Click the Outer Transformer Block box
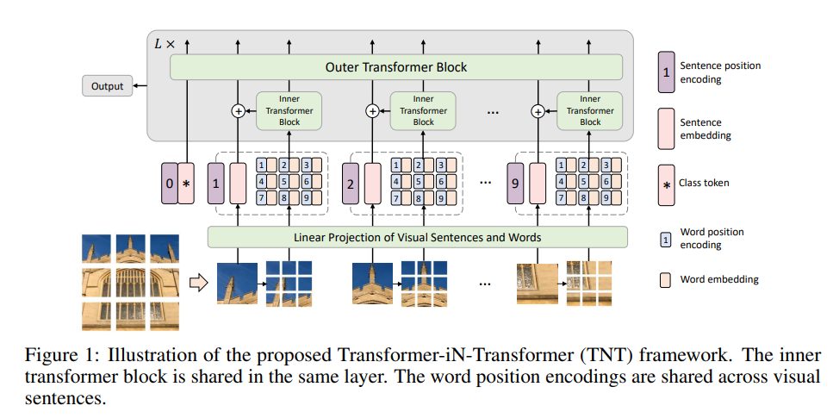pyautogui.click(x=395, y=66)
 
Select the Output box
pyautogui.click(x=108, y=86)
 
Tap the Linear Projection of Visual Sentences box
pyautogui.click(x=417, y=237)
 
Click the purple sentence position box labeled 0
pyautogui.click(x=169, y=184)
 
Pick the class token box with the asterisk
pyautogui.click(x=187, y=184)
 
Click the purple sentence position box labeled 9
pyautogui.click(x=515, y=184)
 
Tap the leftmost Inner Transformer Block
pyautogui.click(x=289, y=110)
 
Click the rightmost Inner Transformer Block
pyautogui.click(x=590, y=110)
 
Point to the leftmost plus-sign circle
pyautogui.click(x=238, y=111)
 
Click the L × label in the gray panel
pyautogui.click(x=163, y=42)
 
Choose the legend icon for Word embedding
pyautogui.click(x=665, y=279)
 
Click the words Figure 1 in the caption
pyautogui.click(x=56, y=356)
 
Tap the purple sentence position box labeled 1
pyautogui.click(x=216, y=184)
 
